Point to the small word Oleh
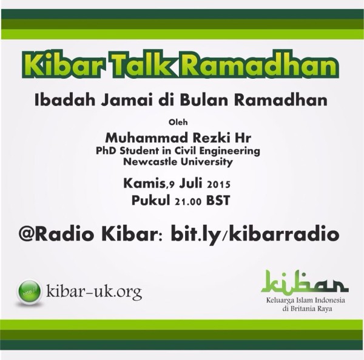[x=178, y=122]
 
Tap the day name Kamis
[x=144, y=183]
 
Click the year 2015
[x=218, y=185]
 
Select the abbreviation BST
[x=218, y=201]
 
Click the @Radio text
[x=58, y=234]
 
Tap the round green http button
[x=30, y=292]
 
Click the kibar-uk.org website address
[x=94, y=292]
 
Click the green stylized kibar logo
[x=305, y=282]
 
